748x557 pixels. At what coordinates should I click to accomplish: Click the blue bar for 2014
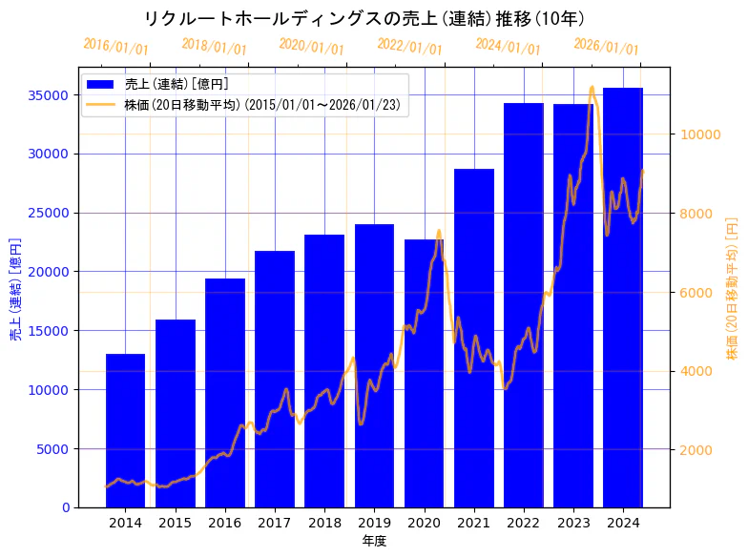click(x=125, y=430)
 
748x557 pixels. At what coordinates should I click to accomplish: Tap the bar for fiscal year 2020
click(x=424, y=373)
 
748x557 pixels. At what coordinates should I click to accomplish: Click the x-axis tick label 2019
click(x=374, y=523)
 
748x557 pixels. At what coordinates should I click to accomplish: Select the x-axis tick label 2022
click(x=524, y=523)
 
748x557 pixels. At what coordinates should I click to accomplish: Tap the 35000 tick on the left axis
click(x=50, y=95)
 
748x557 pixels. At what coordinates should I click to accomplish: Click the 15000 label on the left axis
click(x=50, y=331)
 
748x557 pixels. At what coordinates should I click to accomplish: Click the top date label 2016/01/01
click(x=116, y=46)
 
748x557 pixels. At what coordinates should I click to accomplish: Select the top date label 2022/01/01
click(x=410, y=46)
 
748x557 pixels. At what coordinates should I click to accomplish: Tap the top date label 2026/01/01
click(x=607, y=46)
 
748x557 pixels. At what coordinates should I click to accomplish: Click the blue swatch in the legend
click(x=101, y=84)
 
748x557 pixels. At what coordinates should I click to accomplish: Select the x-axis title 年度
click(x=374, y=541)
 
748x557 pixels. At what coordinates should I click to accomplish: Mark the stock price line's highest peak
click(x=592, y=88)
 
